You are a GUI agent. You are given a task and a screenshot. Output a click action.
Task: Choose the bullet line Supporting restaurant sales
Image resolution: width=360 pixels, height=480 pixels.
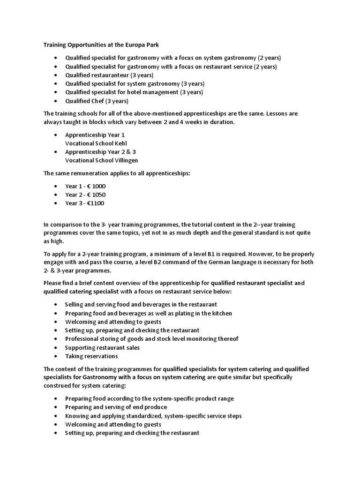pyautogui.click(x=102, y=347)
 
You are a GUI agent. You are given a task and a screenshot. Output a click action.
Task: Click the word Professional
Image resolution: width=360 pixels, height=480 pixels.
pyautogui.click(x=82, y=339)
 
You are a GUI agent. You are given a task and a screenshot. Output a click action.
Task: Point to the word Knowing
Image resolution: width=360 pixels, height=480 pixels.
pyautogui.click(x=76, y=416)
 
